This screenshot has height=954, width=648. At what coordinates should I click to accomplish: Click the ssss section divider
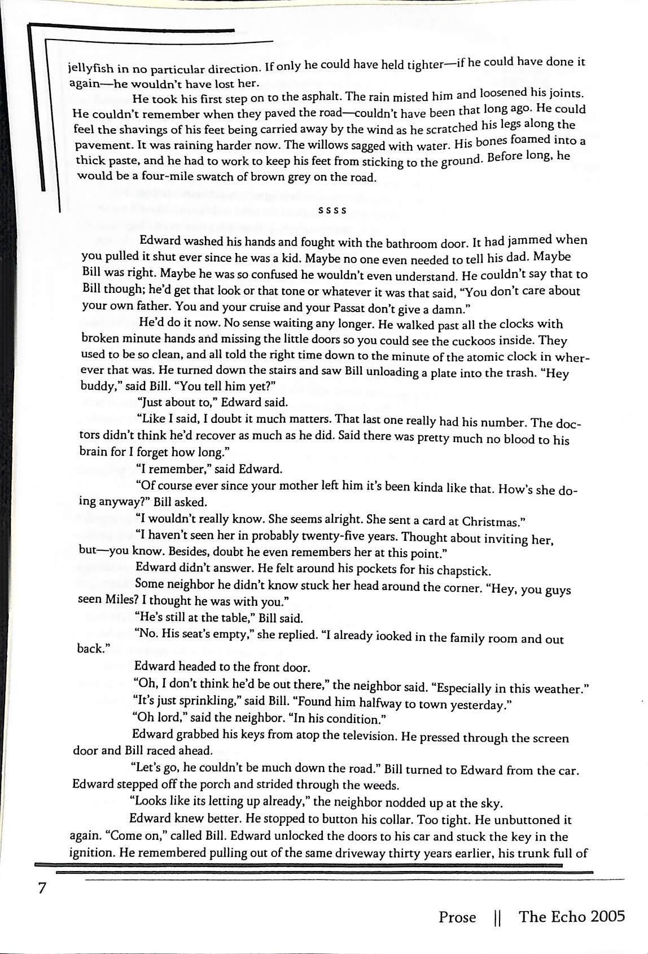pyautogui.click(x=332, y=211)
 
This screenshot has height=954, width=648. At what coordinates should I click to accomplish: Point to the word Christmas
pyautogui.click(x=493, y=520)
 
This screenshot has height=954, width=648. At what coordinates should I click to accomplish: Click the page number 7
pyautogui.click(x=41, y=888)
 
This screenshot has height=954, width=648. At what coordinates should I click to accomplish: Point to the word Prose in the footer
pyautogui.click(x=457, y=917)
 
